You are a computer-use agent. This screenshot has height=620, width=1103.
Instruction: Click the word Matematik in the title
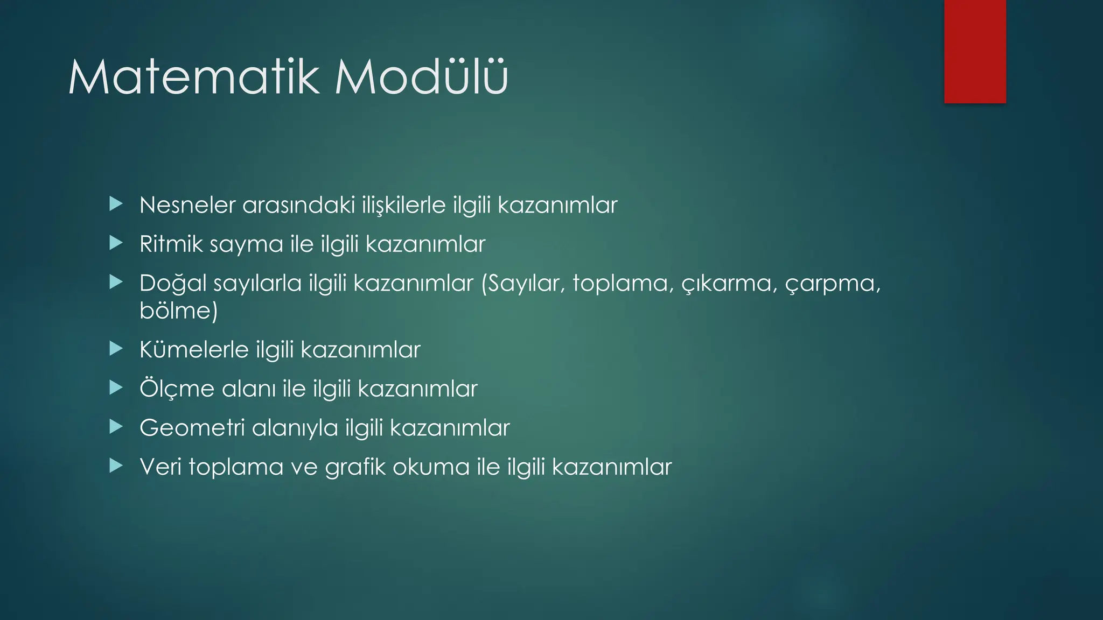(x=194, y=78)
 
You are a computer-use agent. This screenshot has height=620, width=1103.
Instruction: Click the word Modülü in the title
(x=421, y=78)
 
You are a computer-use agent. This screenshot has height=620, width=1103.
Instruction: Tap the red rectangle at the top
(x=975, y=51)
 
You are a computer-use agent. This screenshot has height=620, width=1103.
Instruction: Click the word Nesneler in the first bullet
(x=187, y=205)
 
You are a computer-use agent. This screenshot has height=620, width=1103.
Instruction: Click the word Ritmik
(x=170, y=244)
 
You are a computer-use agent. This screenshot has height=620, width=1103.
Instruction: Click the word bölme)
(x=178, y=311)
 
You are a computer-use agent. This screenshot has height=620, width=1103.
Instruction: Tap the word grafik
(x=355, y=467)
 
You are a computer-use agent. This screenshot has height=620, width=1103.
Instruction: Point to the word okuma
(x=431, y=467)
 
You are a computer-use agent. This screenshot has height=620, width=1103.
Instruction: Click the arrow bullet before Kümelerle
(x=116, y=349)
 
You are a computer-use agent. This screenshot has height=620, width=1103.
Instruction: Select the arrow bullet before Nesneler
(x=116, y=204)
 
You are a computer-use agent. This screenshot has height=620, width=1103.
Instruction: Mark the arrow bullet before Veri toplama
(x=116, y=466)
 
